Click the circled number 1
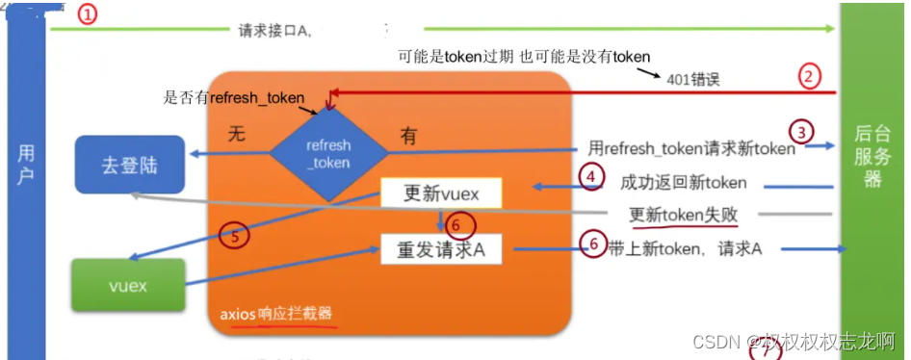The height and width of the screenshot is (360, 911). point(88,15)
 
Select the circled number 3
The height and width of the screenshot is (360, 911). point(801,132)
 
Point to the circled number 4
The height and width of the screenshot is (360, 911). point(592,176)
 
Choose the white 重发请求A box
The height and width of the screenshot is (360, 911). point(441,249)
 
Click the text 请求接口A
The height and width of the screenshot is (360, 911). point(273,31)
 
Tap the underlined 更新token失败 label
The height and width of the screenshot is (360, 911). point(685,215)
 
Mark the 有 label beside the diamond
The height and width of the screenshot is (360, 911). point(408,138)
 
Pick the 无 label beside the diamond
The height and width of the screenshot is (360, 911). point(236,136)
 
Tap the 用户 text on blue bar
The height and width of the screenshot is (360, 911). point(26,165)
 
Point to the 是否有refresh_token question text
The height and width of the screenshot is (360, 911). point(235,97)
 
